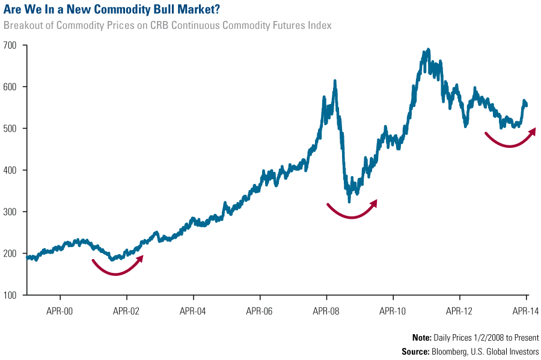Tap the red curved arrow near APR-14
510,141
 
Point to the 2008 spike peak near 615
334,81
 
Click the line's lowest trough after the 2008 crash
349,201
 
